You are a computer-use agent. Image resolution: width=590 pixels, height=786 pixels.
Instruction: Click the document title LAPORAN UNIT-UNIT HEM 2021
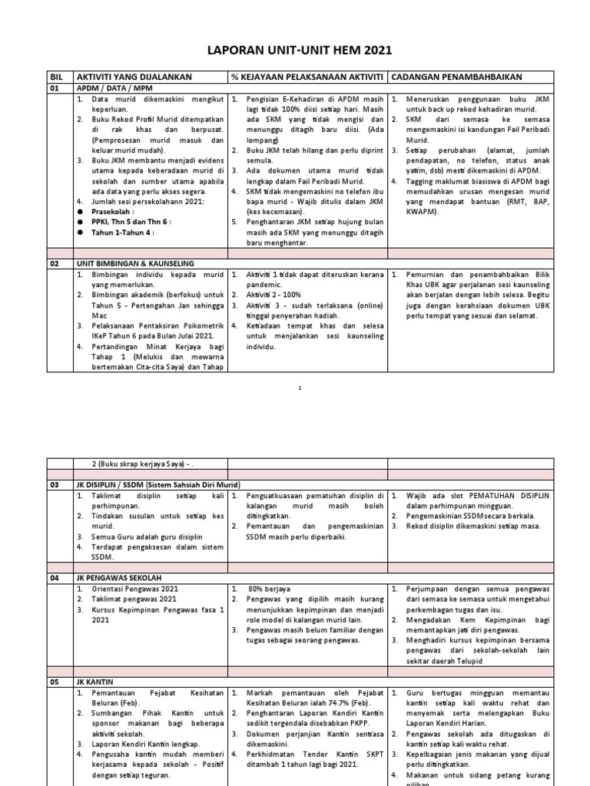click(x=300, y=51)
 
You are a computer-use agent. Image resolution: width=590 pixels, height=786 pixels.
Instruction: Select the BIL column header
click(x=55, y=78)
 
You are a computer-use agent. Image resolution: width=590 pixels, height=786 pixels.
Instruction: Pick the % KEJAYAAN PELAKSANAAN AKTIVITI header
click(x=307, y=78)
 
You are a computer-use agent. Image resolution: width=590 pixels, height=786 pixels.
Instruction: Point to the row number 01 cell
click(x=55, y=88)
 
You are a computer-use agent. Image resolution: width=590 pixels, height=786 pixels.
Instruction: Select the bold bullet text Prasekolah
click(x=112, y=210)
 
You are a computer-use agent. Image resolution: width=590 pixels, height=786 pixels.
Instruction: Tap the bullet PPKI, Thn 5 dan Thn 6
click(x=130, y=222)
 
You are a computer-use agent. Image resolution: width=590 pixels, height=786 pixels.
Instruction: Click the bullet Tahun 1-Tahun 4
click(x=121, y=233)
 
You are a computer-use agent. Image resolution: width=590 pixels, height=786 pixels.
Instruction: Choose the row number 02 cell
click(x=55, y=263)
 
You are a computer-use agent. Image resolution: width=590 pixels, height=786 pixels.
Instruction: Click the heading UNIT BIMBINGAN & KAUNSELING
click(x=134, y=263)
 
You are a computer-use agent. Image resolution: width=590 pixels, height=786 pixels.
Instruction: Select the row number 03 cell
click(x=55, y=485)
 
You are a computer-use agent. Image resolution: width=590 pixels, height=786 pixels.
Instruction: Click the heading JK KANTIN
click(x=95, y=679)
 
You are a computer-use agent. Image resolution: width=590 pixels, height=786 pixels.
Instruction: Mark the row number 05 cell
click(x=55, y=679)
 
